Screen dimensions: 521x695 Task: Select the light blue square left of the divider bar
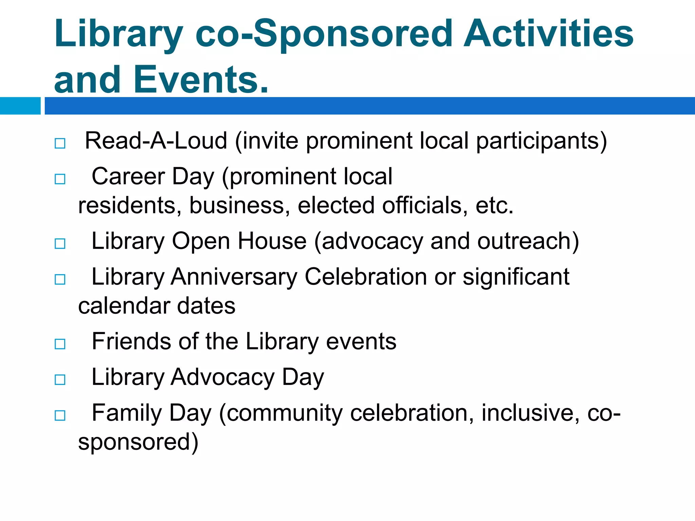coord(20,106)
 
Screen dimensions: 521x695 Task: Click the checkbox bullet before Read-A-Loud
coord(60,143)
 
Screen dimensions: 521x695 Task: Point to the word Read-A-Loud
coord(156,141)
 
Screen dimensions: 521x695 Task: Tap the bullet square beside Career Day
coord(60,179)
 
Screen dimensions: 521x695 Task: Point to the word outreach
coord(528,241)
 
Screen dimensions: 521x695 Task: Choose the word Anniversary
coord(234,277)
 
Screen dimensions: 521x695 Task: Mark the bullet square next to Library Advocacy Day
coord(60,380)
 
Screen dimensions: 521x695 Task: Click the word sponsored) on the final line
coord(138,442)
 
